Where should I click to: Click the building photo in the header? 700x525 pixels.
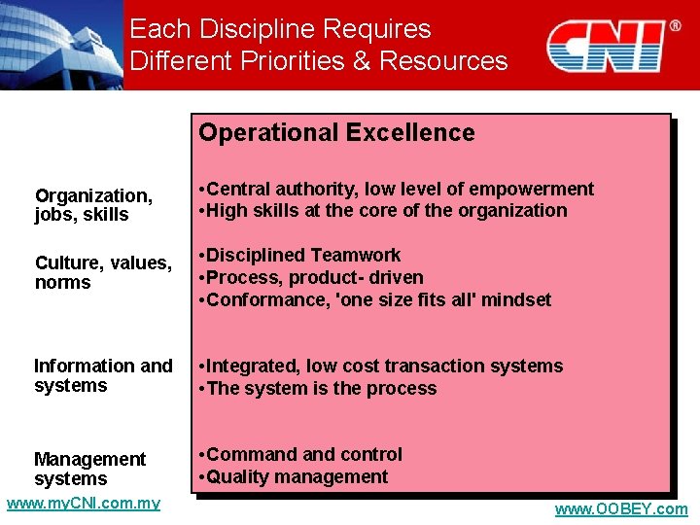tap(60, 44)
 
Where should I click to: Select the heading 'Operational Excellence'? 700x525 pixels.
tap(336, 133)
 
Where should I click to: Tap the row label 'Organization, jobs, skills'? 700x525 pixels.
tap(93, 205)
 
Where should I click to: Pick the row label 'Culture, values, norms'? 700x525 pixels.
tap(103, 272)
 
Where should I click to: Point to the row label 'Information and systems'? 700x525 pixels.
tap(103, 375)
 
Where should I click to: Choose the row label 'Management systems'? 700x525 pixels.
tap(89, 469)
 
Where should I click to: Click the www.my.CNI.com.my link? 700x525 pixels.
tap(83, 504)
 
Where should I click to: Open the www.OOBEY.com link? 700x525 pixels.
tap(620, 509)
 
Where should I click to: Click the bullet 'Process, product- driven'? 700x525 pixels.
tap(309, 278)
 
